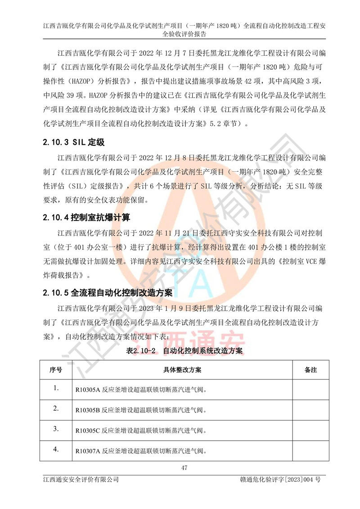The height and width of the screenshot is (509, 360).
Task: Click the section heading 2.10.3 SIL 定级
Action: [x=74, y=143]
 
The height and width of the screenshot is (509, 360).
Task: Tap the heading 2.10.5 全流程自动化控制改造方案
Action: [x=108, y=293]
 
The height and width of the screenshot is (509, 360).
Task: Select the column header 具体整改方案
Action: [x=182, y=370]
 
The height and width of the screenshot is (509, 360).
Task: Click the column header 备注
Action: [x=311, y=370]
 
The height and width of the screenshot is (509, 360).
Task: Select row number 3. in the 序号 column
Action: [x=55, y=429]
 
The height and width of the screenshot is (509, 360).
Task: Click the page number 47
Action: [x=184, y=468]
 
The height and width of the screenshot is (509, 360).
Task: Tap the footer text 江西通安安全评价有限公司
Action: [x=79, y=480]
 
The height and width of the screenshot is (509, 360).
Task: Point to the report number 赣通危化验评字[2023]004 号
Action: [x=280, y=480]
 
